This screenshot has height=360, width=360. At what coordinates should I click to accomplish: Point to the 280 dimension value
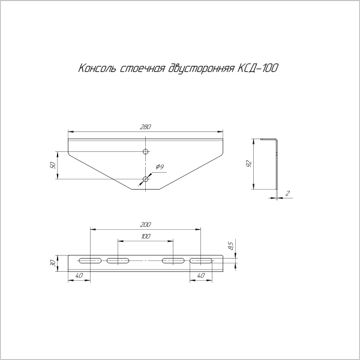[x=145, y=127]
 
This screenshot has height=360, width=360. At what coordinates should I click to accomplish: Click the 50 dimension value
[x=53, y=164]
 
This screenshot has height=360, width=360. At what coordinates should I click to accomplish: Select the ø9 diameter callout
[x=160, y=166]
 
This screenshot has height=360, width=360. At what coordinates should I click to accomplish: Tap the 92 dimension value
[x=249, y=163]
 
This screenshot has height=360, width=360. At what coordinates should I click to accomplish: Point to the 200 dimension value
[x=145, y=224]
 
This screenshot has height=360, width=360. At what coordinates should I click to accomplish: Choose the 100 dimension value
[x=145, y=236]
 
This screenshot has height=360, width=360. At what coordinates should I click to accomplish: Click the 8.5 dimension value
[x=230, y=245]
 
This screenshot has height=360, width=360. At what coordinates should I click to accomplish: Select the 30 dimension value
[x=53, y=263]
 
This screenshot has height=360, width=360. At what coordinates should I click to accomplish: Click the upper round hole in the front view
[x=145, y=152]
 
